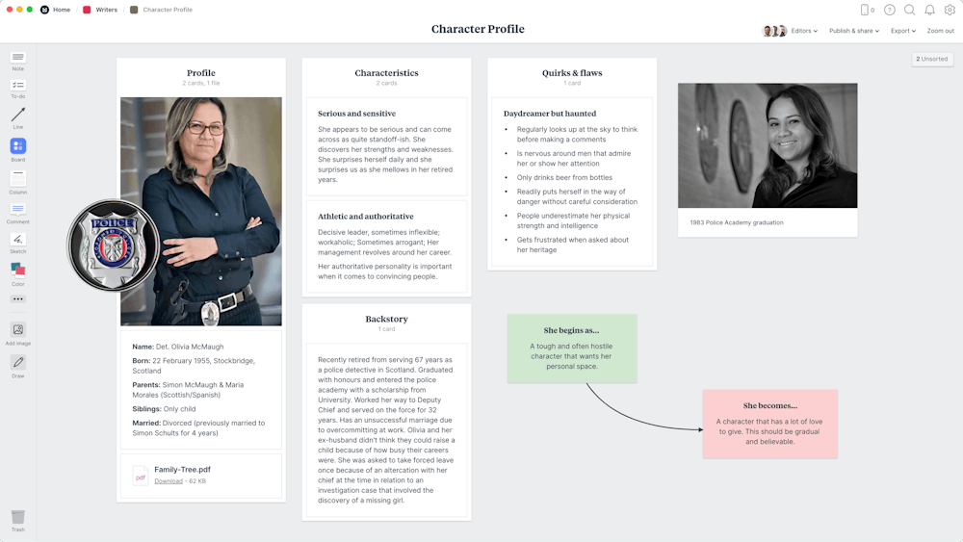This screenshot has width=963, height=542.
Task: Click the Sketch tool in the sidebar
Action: (18, 240)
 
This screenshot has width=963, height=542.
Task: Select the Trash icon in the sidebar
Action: (18, 518)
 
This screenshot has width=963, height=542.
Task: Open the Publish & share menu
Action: (853, 31)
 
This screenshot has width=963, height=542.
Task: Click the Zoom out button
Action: (940, 31)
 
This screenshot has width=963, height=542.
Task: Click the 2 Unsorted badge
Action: (931, 59)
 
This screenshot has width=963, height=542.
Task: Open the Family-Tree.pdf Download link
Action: (169, 480)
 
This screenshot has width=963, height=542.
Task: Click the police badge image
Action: (114, 245)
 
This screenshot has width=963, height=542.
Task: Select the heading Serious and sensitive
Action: (356, 114)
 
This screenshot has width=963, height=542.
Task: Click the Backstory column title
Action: (386, 319)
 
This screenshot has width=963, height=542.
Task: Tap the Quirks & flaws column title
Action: (572, 73)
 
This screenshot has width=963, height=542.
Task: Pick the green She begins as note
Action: (572, 348)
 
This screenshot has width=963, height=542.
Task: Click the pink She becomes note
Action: (769, 423)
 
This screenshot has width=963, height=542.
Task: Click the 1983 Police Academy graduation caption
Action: (737, 222)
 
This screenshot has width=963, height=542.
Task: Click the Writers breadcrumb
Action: (106, 10)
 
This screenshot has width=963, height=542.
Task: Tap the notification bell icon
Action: (929, 10)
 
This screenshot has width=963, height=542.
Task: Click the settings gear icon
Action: (950, 10)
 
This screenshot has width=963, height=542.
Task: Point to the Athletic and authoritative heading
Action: (366, 217)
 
